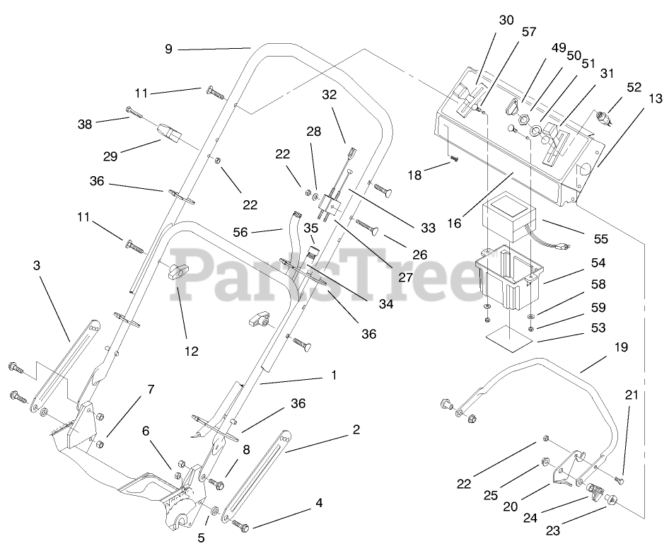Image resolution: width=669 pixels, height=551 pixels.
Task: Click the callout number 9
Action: point(168,50)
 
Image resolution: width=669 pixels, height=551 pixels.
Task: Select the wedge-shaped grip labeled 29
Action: point(170,133)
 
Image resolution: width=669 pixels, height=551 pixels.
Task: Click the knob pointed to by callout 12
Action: point(178,269)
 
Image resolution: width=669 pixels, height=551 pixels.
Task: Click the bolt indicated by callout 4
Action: point(241,526)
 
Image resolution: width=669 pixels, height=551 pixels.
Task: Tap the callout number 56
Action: point(241,231)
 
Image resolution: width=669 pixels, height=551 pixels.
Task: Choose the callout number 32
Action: point(330,95)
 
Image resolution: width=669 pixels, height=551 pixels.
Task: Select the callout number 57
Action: point(529,32)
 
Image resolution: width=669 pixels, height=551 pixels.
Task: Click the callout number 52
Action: point(634,87)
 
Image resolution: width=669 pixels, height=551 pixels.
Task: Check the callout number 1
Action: point(334,375)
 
